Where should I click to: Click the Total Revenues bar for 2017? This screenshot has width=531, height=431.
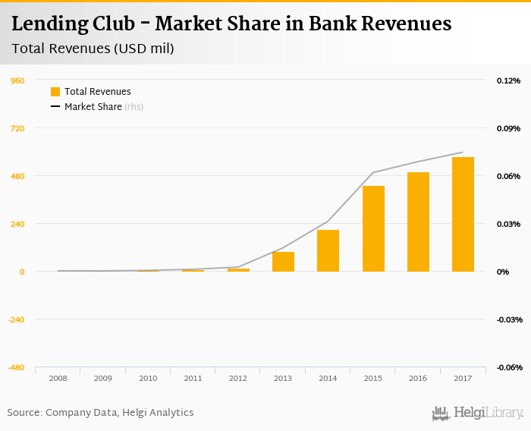[463, 214]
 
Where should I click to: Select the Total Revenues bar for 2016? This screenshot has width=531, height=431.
[418, 222]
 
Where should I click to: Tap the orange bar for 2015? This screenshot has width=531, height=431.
[373, 228]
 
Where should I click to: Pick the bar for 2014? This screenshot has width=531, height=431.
[328, 250]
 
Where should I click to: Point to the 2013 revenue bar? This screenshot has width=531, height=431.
[283, 261]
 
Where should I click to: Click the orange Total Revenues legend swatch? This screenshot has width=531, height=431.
[55, 92]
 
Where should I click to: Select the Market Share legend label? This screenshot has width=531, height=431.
[93, 107]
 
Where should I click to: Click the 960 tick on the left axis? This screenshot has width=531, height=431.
[17, 80]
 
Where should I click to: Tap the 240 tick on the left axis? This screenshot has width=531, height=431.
[17, 224]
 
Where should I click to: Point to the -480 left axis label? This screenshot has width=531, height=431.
[16, 367]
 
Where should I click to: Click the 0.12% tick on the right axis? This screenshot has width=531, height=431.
[508, 80]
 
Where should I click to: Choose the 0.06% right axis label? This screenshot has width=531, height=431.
[508, 176]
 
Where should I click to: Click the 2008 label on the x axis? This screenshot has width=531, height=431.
[58, 378]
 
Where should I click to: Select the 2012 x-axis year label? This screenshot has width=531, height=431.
[237, 378]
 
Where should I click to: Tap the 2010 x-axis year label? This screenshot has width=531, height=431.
[148, 378]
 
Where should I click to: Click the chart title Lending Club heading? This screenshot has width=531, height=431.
[231, 24]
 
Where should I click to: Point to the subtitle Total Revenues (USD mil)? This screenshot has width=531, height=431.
[93, 49]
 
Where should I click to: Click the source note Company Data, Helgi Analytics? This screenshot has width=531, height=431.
[100, 413]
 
